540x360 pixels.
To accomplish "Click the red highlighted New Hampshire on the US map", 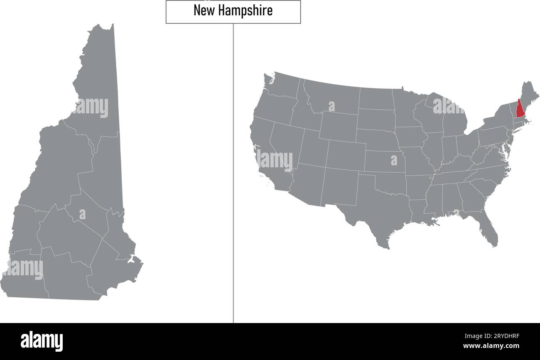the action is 520,109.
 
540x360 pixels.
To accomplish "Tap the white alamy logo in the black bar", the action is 42,341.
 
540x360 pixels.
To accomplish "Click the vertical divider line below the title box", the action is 233,166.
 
